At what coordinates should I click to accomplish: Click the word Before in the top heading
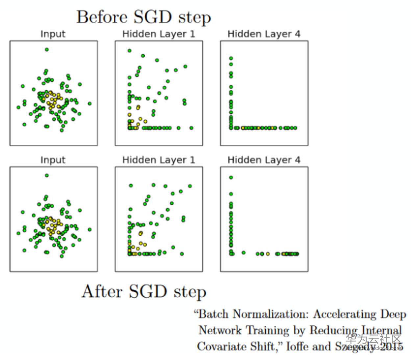pyautogui.click(x=102, y=17)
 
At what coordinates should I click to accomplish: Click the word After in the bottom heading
pyautogui.click(x=102, y=292)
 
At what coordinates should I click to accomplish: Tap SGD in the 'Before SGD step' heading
pyautogui.click(x=153, y=17)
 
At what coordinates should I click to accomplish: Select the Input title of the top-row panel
pyautogui.click(x=53, y=34)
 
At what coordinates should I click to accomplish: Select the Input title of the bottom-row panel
pyautogui.click(x=53, y=160)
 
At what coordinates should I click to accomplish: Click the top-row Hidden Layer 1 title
pyautogui.click(x=158, y=34)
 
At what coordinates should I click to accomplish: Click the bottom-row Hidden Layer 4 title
pyautogui.click(x=264, y=160)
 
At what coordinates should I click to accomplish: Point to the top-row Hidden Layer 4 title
pyautogui.click(x=264, y=34)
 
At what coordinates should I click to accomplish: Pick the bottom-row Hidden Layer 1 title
pyautogui.click(x=158, y=160)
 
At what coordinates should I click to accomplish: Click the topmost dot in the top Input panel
pyautogui.click(x=47, y=49)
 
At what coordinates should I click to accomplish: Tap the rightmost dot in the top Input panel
pyautogui.click(x=90, y=104)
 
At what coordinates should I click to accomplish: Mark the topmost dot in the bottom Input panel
pyautogui.click(x=47, y=175)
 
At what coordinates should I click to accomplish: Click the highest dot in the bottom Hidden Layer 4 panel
pyautogui.click(x=231, y=178)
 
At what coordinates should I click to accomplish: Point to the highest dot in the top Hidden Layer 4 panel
pyautogui.click(x=231, y=59)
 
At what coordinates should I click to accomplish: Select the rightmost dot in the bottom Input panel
pyautogui.click(x=90, y=229)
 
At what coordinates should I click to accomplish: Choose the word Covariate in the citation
pyautogui.click(x=219, y=347)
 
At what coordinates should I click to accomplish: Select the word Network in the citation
pyautogui.click(x=220, y=330)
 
